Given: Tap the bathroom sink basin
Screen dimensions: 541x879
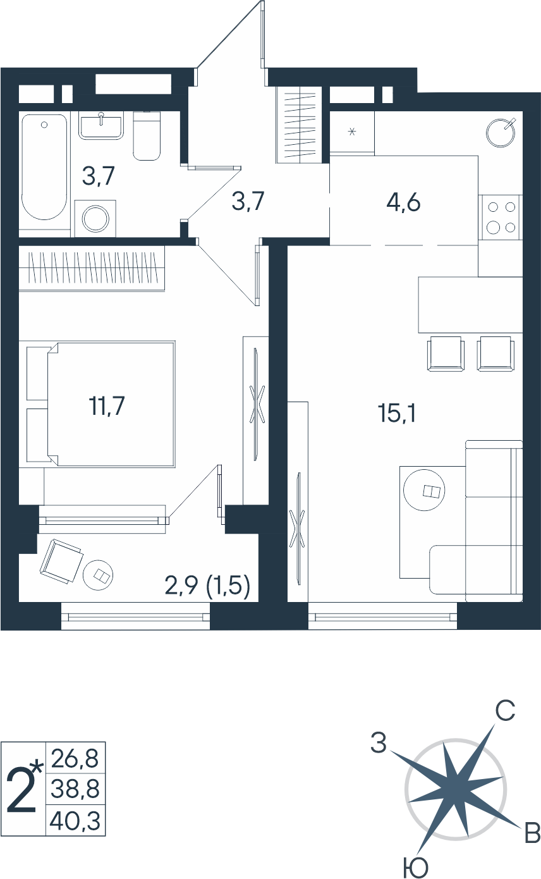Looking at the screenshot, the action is pos(101,125).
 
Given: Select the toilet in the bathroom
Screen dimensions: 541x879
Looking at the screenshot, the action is pos(147,136).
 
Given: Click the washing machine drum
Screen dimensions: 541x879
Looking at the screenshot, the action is pos(95,218).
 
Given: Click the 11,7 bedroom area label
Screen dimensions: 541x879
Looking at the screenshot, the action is pos(107,405).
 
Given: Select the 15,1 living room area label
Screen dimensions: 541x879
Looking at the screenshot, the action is pos(397,413).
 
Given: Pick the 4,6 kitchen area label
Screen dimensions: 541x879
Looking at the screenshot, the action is pos(403,202).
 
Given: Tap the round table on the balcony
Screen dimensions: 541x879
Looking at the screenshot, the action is pos(98,574).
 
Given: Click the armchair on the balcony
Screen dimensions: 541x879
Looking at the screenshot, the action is pos(61,562).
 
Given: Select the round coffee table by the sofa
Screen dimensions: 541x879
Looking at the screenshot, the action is pos(425,491).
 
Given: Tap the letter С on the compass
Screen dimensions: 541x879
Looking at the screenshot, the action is pos(505,710).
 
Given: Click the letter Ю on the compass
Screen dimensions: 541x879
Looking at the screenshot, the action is pos(415,868).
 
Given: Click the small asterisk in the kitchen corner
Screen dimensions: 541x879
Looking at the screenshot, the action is pos(352,132).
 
